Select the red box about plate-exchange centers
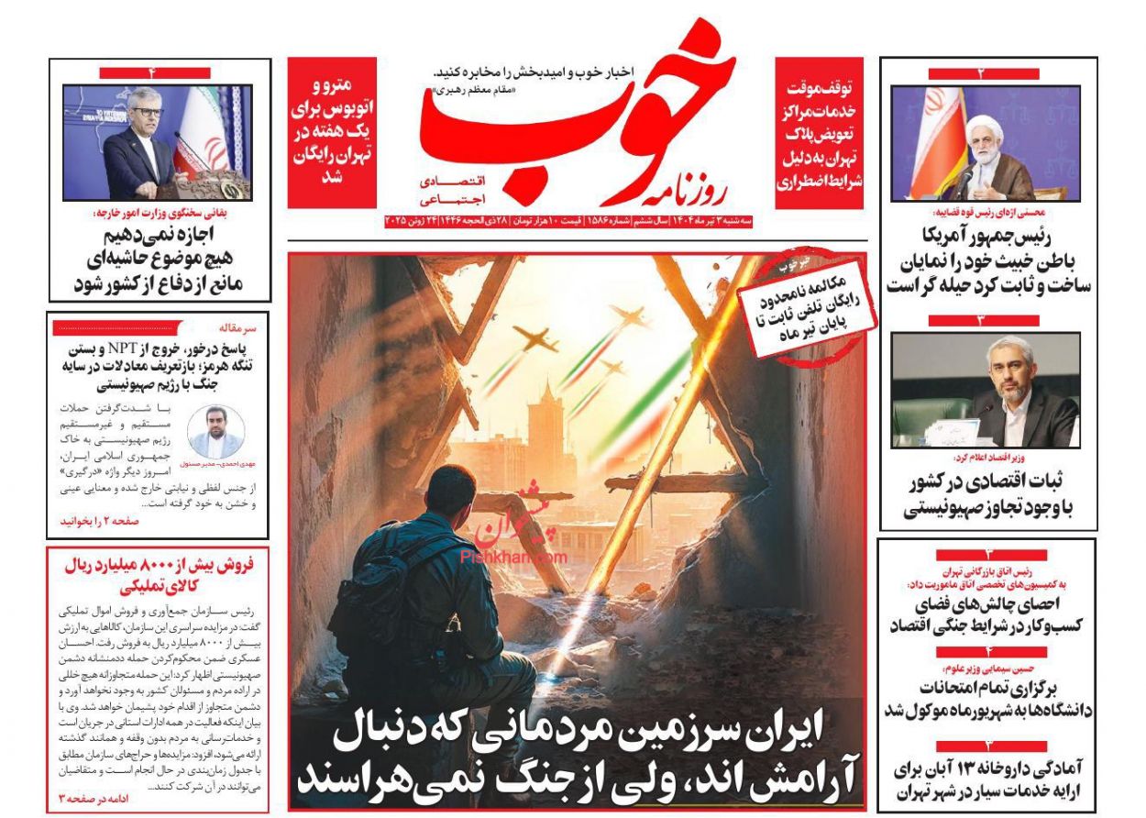[x=820, y=132]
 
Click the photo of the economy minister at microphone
[x=986, y=390]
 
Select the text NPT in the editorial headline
[x=122, y=349]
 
